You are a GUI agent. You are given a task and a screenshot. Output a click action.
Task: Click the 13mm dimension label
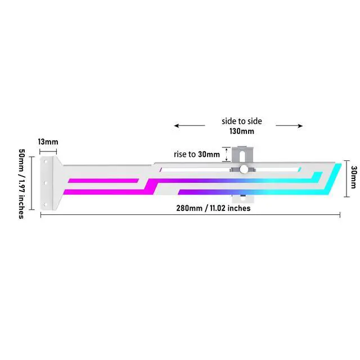coord(48,142)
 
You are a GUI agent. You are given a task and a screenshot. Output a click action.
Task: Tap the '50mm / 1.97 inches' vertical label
coord(21,184)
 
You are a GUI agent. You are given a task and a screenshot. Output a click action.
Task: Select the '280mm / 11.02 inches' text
coord(213,208)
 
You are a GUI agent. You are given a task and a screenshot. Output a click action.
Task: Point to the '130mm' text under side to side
coord(242,131)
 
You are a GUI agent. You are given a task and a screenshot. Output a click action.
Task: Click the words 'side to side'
coord(242,121)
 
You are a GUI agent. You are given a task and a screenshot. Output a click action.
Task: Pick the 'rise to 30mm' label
coord(197,154)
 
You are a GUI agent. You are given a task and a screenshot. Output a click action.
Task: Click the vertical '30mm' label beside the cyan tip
coord(354,177)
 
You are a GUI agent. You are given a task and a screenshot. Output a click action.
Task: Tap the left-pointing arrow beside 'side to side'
coord(190,125)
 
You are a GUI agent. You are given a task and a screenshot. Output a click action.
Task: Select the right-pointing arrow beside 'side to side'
coord(289,125)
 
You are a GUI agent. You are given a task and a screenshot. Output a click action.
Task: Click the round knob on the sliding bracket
coord(244,169)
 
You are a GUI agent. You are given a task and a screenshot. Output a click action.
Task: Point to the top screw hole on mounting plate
coord(46,161)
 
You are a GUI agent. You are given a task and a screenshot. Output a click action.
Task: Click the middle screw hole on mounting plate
coord(45,183)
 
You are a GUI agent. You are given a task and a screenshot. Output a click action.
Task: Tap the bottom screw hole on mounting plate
coord(45,204)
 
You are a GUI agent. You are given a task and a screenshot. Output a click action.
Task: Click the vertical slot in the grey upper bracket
coord(242,156)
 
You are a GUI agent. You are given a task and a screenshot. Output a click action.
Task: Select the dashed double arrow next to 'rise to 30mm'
coord(227,155)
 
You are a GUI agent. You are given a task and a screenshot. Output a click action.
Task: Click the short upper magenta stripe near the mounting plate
coord(103,181)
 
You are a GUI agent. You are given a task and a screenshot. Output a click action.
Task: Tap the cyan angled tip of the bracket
coord(332,179)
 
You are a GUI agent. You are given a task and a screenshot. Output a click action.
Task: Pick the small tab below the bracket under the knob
coord(242,199)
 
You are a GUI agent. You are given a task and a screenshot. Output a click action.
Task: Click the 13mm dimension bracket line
coord(48,151)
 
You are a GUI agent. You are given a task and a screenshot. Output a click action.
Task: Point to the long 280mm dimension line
coord(190,215)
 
